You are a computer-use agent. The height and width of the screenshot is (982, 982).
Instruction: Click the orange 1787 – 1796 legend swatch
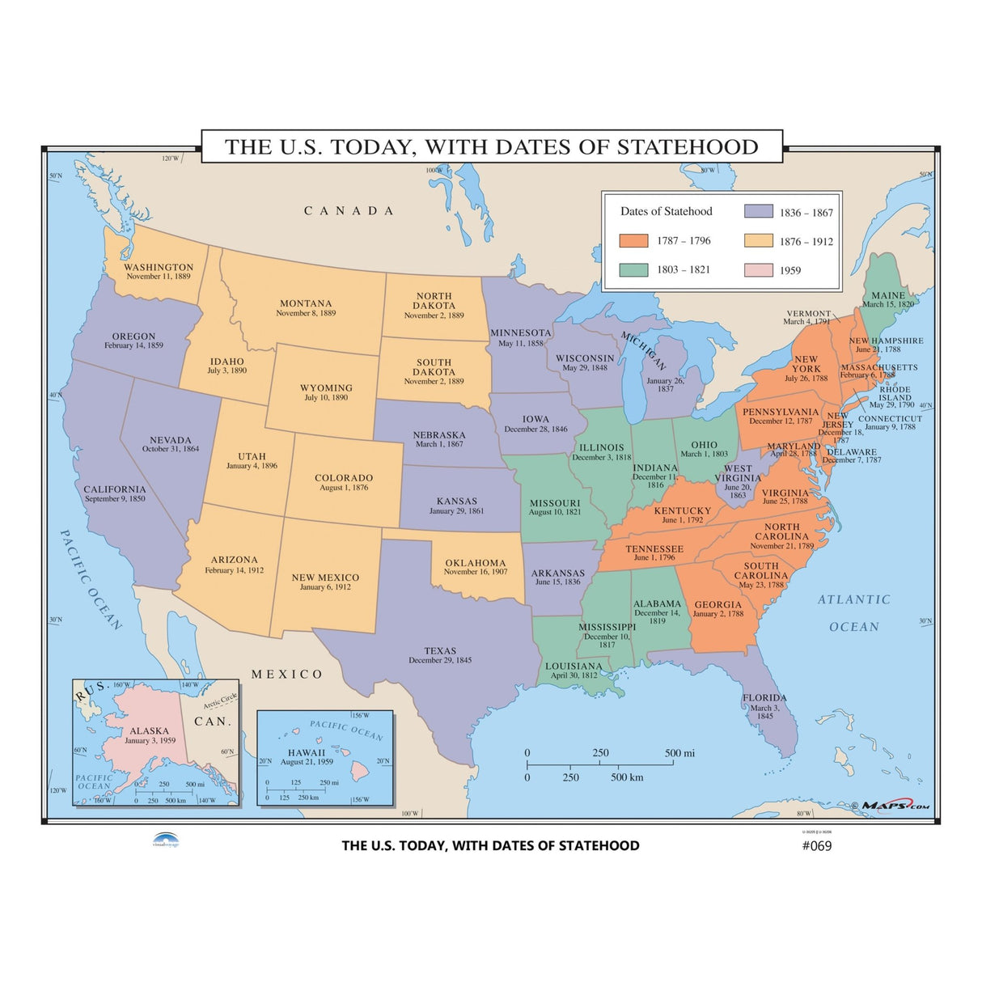(633, 241)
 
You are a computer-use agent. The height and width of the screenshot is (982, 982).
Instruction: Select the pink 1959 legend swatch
(758, 270)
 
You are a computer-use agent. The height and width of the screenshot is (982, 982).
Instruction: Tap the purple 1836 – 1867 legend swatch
(758, 212)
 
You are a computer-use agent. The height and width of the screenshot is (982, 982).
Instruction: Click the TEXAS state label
(440, 650)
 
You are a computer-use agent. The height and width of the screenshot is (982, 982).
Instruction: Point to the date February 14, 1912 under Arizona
(235, 570)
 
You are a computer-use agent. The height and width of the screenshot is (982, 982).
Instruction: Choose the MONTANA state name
(306, 303)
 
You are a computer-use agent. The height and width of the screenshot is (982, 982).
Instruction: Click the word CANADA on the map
(349, 211)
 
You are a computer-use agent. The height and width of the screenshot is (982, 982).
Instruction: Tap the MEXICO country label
(286, 674)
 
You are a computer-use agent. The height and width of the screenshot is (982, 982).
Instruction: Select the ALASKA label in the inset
(150, 730)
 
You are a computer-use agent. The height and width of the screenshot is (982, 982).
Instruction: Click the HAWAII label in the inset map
(307, 752)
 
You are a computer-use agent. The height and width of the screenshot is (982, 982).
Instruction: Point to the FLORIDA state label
(764, 697)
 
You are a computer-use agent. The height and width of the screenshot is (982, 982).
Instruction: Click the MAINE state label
(888, 295)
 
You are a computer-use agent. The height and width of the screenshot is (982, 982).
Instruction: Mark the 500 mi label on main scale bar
(679, 753)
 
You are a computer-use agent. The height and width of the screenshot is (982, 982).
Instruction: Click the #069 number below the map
(816, 846)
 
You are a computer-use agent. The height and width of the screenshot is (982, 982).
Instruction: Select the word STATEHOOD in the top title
(688, 147)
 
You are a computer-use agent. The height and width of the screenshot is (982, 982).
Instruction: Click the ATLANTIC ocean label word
(853, 599)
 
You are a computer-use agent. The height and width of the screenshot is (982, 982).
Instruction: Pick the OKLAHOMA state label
(476, 563)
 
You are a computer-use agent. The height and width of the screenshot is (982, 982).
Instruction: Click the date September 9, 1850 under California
(115, 499)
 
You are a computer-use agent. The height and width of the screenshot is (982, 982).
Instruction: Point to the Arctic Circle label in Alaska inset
(220, 701)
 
